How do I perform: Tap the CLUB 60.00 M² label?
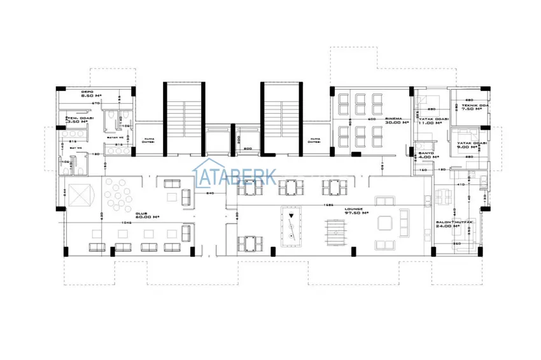(146, 216)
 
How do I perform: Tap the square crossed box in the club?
(79, 197)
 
